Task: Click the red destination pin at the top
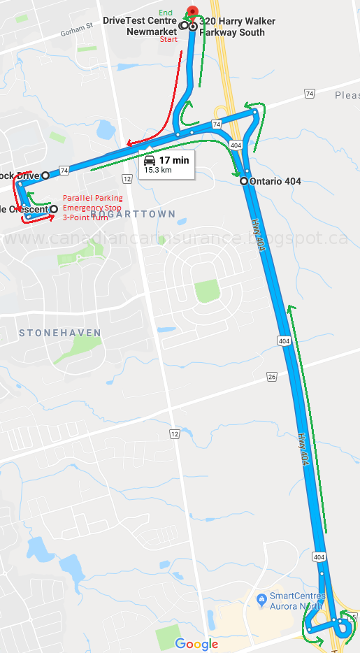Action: click(192, 11)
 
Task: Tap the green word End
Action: click(166, 13)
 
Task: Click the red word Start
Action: click(168, 40)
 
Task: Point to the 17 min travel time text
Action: click(173, 160)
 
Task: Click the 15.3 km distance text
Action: click(158, 170)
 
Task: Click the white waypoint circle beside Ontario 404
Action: click(244, 181)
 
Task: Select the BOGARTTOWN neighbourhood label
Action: click(133, 214)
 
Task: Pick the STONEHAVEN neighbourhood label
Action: click(60, 333)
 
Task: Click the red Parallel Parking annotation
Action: click(92, 198)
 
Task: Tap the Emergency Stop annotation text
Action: click(92, 208)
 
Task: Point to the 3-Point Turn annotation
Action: click(87, 217)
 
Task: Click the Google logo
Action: click(196, 644)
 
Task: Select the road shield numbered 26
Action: click(272, 377)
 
